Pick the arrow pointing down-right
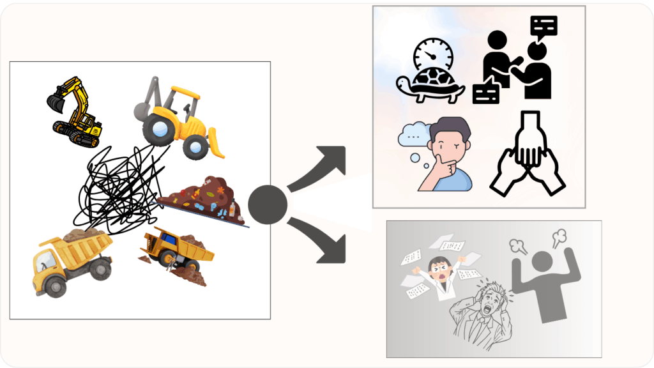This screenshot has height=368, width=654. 319,241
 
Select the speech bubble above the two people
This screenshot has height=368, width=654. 544,26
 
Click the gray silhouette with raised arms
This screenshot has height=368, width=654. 547,281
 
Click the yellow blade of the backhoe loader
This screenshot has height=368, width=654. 218,146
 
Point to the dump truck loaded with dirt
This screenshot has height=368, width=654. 70,258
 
